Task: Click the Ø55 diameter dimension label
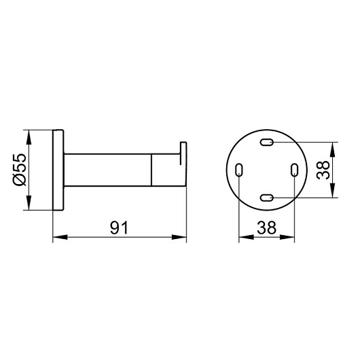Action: pyautogui.click(x=20, y=170)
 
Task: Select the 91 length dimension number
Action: pyautogui.click(x=119, y=228)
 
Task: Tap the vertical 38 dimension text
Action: pyautogui.click(x=323, y=170)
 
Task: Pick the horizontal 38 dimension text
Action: pyautogui.click(x=266, y=228)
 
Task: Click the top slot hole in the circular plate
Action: pyautogui.click(x=267, y=142)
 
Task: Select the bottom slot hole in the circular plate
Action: pyautogui.click(x=267, y=198)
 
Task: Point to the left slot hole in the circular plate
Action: pyautogui.click(x=239, y=170)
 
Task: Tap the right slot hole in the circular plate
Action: pyautogui.click(x=294, y=170)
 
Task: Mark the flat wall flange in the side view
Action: pyautogui.click(x=58, y=170)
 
